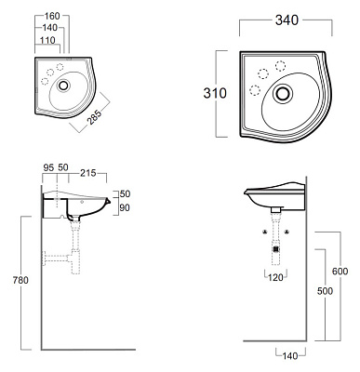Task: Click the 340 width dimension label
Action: coord(287,20)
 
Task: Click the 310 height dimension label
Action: coord(215,93)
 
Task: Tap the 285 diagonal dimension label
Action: coord(94,117)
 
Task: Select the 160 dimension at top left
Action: coord(52,16)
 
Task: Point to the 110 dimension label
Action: coord(47,40)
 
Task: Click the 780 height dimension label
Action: coord(20,280)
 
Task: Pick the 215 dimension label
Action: coord(88,173)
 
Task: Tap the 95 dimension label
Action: coord(48,167)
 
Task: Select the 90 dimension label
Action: coord(125,207)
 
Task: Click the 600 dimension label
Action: coord(340,272)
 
